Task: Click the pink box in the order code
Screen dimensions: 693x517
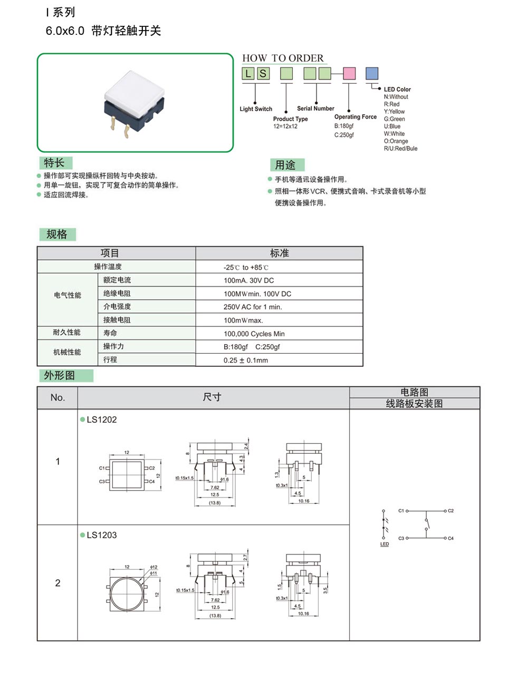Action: point(349,73)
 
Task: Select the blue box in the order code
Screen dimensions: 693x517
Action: point(372,73)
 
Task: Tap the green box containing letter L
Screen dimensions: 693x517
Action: point(248,73)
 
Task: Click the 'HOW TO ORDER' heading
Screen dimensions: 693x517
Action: point(283,58)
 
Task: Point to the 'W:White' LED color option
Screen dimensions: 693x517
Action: point(394,134)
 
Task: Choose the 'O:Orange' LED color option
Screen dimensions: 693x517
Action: point(396,141)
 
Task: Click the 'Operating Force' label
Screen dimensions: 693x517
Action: point(355,117)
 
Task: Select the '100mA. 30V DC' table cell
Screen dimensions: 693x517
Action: point(248,280)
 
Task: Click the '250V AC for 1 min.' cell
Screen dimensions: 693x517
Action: point(253,307)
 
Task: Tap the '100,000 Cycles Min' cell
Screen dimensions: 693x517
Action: point(254,334)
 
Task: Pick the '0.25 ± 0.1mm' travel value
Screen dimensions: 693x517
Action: point(245,360)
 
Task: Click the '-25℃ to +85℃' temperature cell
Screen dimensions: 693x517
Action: point(246,267)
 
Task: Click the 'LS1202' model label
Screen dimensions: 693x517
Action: point(101,419)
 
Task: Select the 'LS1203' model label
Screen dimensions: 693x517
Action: point(101,535)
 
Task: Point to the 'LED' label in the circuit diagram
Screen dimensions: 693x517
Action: point(385,544)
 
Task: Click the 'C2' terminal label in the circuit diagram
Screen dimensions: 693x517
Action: point(451,511)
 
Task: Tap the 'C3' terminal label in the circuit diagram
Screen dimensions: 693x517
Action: point(401,538)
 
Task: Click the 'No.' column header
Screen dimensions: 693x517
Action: point(58,397)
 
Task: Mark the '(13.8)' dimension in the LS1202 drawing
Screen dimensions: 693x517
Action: point(215,503)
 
